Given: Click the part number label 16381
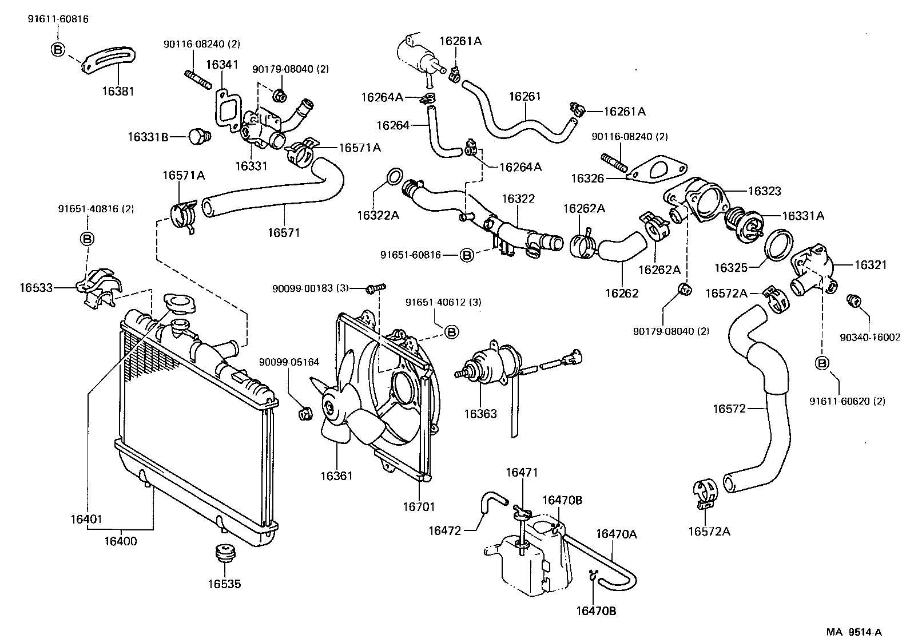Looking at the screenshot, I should tap(119, 90).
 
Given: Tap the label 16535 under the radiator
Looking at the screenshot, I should tap(224, 584).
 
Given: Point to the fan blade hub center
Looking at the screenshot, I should tap(329, 407).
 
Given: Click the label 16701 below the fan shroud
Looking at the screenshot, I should tap(419, 507).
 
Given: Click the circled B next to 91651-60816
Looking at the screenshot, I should tap(467, 255).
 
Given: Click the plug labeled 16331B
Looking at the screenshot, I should tap(198, 136).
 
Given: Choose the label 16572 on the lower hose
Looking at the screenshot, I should tap(729, 409).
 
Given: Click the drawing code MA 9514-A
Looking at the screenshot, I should tap(853, 632).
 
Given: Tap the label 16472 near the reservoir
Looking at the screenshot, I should tap(444, 530).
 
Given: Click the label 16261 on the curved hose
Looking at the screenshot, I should tap(524, 97).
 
